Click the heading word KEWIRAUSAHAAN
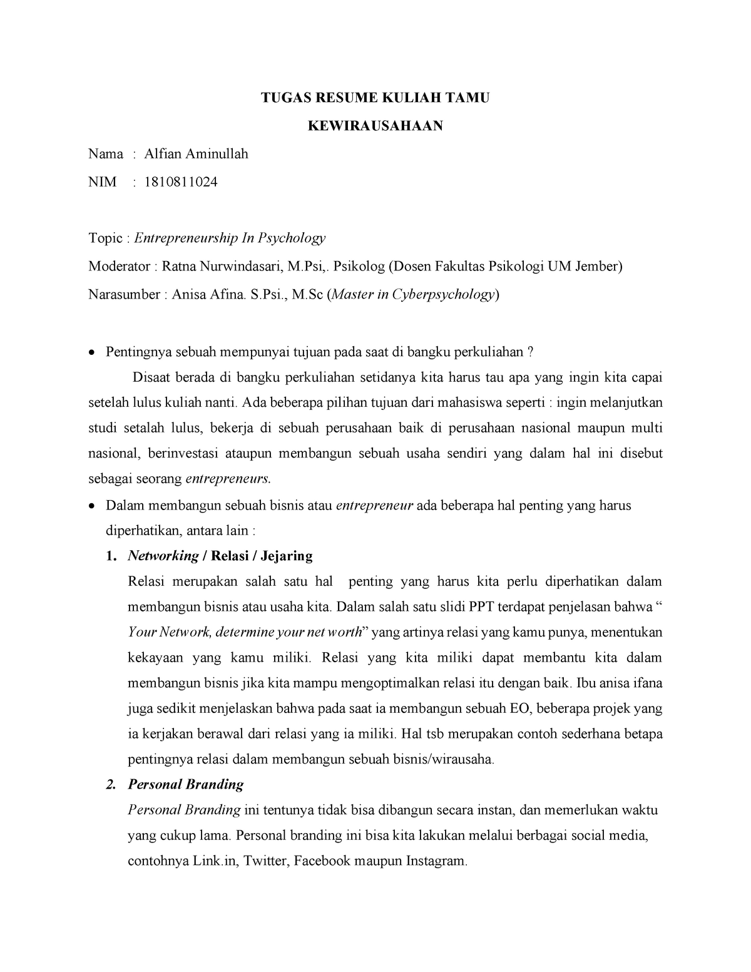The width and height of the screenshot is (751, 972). pyautogui.click(x=375, y=126)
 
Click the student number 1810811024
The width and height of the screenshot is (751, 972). pyautogui.click(x=181, y=182)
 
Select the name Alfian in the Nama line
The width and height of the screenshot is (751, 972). pyautogui.click(x=163, y=154)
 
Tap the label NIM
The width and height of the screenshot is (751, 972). pyautogui.click(x=102, y=182)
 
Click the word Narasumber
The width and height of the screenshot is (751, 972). pyautogui.click(x=124, y=295)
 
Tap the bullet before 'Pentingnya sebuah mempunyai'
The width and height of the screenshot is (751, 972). pyautogui.click(x=92, y=352)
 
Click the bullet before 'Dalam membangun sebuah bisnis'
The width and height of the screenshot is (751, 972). pyautogui.click(x=92, y=506)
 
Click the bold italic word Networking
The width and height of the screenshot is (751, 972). pyautogui.click(x=163, y=556)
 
